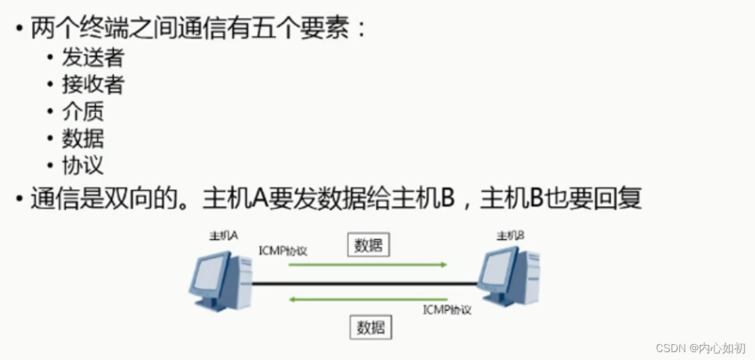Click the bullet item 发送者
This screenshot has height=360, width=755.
click(x=92, y=58)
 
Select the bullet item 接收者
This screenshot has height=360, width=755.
click(x=92, y=85)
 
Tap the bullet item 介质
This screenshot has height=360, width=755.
click(x=83, y=111)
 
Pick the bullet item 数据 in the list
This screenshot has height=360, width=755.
click(x=83, y=138)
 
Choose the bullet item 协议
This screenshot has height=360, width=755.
click(x=83, y=165)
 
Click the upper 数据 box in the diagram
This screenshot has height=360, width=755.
click(x=368, y=245)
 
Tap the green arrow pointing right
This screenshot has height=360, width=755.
click(x=368, y=265)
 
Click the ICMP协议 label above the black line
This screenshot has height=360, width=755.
click(x=284, y=251)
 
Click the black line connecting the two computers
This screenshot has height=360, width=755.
click(x=364, y=283)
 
